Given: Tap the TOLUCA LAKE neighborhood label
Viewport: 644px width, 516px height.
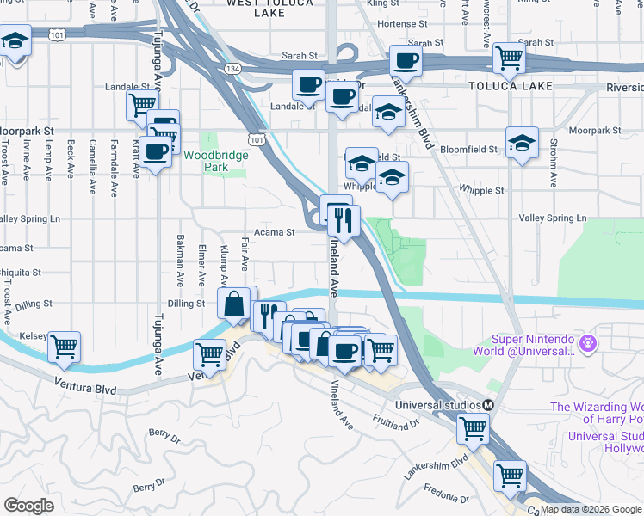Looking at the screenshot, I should click(503, 87).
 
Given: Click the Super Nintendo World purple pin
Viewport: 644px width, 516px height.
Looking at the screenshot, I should click(589, 344).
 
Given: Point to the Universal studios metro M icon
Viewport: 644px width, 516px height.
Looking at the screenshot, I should click(488, 405).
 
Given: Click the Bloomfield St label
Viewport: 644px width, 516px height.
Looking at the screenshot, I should click(468, 149).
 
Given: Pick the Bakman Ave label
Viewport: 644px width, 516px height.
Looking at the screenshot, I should click(179, 260).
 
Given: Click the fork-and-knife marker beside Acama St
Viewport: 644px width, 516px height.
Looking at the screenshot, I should click(344, 220).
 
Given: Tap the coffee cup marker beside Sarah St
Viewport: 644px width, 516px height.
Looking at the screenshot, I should click(406, 60).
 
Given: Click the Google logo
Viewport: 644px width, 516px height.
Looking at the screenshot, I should click(28, 505).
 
